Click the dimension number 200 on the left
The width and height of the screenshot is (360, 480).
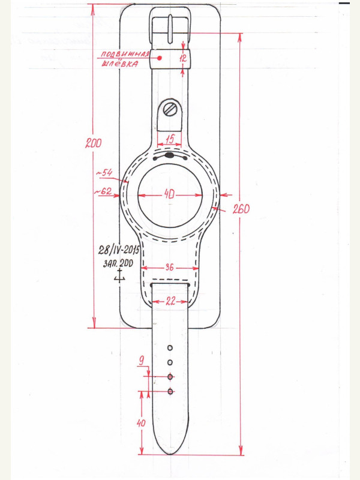pyautogui.click(x=94, y=143)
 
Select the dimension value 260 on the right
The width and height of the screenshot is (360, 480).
pyautogui.click(x=241, y=209)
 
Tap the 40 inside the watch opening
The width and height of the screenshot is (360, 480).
pyautogui.click(x=169, y=194)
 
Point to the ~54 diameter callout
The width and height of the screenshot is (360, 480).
pyautogui.click(x=104, y=173)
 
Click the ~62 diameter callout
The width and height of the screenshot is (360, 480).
pyautogui.click(x=103, y=191)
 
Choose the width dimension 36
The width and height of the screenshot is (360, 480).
pyautogui.click(x=170, y=267)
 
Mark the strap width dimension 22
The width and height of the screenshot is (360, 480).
pyautogui.click(x=170, y=302)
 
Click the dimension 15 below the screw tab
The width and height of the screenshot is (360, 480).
pyautogui.click(x=170, y=140)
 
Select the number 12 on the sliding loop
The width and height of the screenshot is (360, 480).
pyautogui.click(x=182, y=58)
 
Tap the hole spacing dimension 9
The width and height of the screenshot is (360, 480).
pyautogui.click(x=141, y=361)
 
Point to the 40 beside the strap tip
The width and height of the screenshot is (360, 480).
pyautogui.click(x=141, y=423)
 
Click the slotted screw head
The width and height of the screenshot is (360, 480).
pyautogui.click(x=170, y=109)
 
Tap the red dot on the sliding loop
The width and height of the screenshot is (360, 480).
pyautogui.click(x=160, y=58)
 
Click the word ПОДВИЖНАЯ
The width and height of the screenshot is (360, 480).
pyautogui.click(x=125, y=54)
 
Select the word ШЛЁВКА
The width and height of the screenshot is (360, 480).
pyautogui.click(x=119, y=64)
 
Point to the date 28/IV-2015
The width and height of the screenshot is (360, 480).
pyautogui.click(x=119, y=250)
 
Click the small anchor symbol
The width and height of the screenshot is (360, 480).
pyautogui.click(x=119, y=275)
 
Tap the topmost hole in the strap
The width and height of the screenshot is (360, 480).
pyautogui.click(x=170, y=348)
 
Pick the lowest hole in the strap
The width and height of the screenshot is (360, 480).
pyautogui.click(x=170, y=391)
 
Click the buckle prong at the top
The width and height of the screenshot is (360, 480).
pyautogui.click(x=170, y=29)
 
